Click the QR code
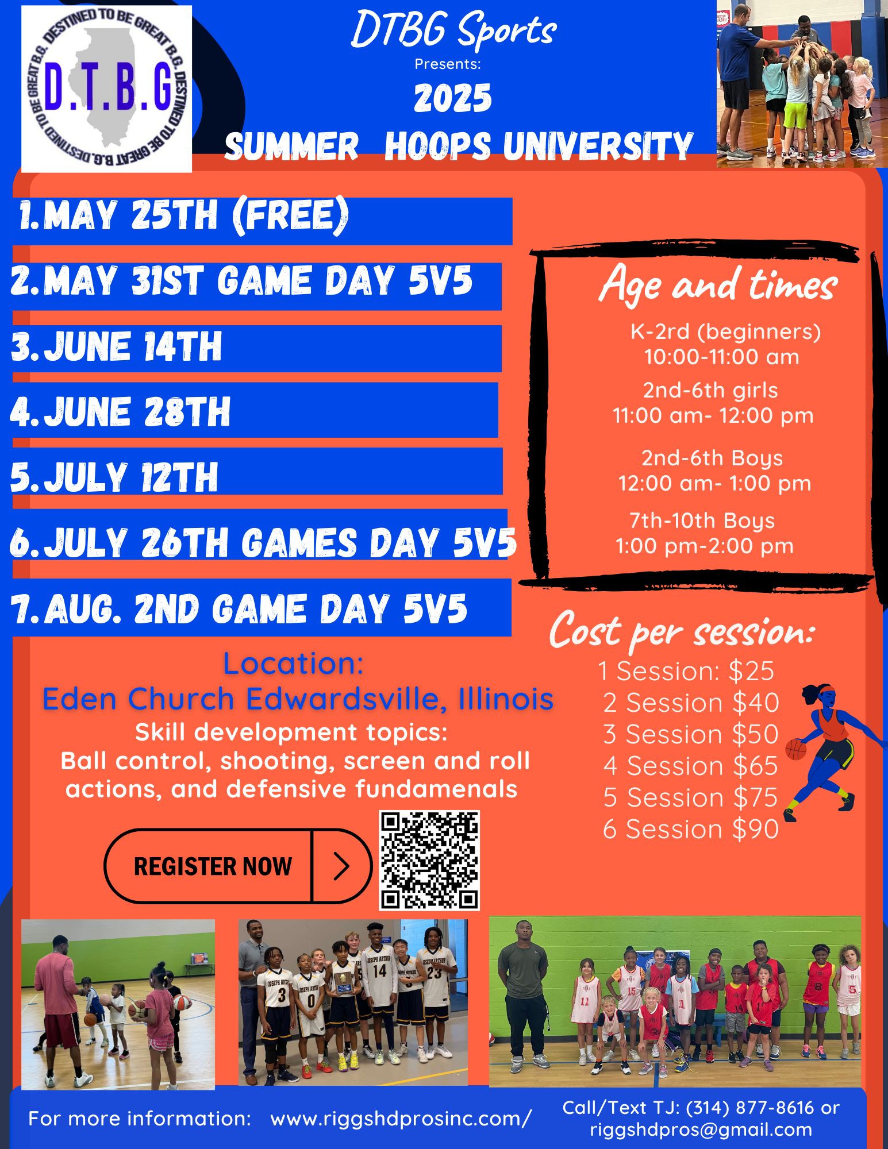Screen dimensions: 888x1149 (429, 860)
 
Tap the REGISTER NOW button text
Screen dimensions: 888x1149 (213, 866)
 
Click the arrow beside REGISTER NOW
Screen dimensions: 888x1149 (341, 866)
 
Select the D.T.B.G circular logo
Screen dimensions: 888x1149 (107, 88)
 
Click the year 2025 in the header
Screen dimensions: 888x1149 (453, 98)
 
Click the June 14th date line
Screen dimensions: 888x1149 (117, 346)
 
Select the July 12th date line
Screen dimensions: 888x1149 (114, 477)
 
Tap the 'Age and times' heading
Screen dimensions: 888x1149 (717, 284)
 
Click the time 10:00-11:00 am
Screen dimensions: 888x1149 (721, 357)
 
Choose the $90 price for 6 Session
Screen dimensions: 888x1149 (755, 829)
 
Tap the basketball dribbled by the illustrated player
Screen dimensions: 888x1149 (796, 749)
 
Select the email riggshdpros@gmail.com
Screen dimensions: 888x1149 (701, 1129)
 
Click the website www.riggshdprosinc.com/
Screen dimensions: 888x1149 (401, 1119)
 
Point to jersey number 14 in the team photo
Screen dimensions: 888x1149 (379, 971)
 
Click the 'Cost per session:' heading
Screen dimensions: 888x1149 (682, 631)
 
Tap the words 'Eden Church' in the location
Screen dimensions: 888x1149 (139, 699)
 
